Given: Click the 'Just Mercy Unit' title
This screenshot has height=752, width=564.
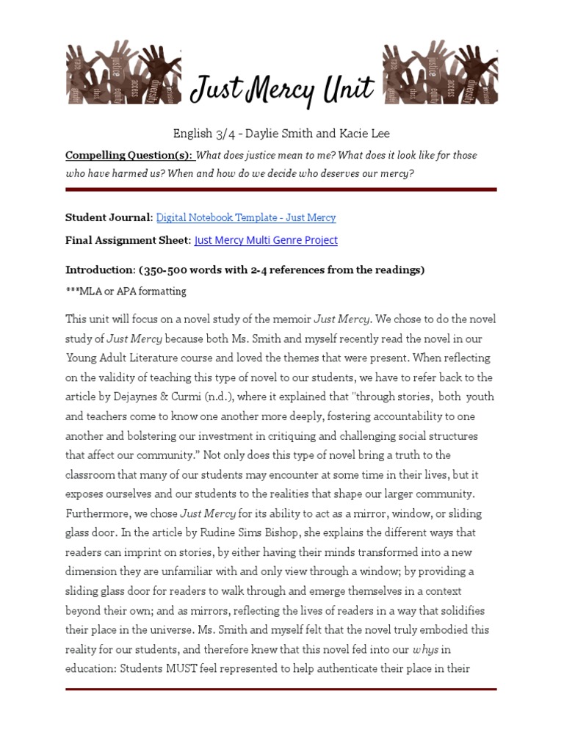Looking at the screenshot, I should tap(282, 90).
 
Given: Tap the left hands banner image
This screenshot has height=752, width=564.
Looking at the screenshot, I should tap(123, 73).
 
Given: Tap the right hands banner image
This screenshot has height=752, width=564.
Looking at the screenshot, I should tap(440, 73).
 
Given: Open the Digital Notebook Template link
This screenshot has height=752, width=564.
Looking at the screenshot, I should tap(246, 217).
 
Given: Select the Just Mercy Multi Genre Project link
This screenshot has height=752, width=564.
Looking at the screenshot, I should tap(266, 240).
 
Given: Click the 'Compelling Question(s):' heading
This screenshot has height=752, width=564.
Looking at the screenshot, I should tap(129, 155).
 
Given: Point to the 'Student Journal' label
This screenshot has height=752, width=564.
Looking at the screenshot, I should tap(108, 217).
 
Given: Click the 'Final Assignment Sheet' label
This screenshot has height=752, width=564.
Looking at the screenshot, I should tap(127, 240).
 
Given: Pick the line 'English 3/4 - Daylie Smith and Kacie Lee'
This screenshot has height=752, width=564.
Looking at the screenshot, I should tap(281, 134).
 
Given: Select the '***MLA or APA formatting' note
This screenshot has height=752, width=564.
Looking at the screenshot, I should tap(126, 292).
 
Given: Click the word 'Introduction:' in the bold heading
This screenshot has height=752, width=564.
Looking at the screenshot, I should tap(100, 270).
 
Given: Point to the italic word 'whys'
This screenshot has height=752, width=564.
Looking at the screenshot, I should tap(426, 649).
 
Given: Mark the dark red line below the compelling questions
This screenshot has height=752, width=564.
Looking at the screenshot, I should tap(281, 189).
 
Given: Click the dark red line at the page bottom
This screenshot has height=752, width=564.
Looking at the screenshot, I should tap(281, 689).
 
